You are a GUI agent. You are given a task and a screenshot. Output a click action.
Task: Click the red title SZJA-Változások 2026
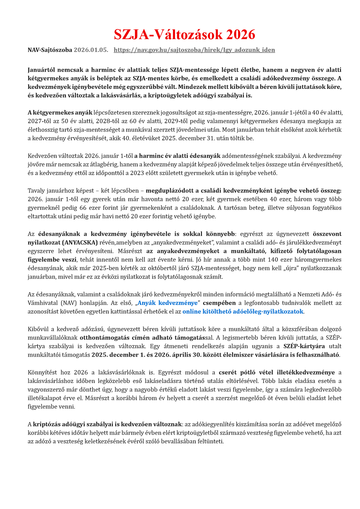(184, 34)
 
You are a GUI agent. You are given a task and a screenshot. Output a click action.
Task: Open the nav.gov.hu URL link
(194, 50)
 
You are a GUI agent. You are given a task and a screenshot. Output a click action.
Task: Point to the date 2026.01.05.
(91, 50)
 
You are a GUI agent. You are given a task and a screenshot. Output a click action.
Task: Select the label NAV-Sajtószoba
(50, 50)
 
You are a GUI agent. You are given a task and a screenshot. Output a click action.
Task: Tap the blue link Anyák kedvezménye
(167, 303)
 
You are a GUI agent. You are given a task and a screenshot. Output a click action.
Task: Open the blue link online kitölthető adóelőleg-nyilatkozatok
(243, 311)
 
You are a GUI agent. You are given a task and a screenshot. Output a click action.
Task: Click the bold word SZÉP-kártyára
(304, 346)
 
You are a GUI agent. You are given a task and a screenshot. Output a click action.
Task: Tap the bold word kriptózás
(46, 424)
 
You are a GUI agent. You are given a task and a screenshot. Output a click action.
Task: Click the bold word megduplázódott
(167, 191)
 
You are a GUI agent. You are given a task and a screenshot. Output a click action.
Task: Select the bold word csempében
(219, 303)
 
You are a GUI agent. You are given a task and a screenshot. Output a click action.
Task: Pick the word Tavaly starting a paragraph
(36, 191)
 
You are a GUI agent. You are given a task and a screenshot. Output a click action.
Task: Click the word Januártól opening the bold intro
(43, 70)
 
